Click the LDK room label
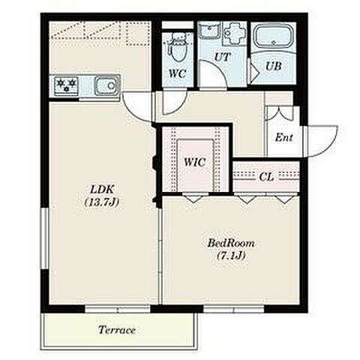coord(102,189)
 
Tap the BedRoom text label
coord(231,243)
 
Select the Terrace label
coord(117,330)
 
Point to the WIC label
coord(195,163)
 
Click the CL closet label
coord(266,177)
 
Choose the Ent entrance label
coord(283,137)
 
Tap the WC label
coord(178,73)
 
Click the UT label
coord(222,57)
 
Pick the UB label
coord(274,66)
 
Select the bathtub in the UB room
coord(274,37)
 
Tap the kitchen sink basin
coord(106,85)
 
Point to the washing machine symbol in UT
coord(234,34)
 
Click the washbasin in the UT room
coord(209,30)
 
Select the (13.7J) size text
coord(101,202)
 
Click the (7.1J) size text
coord(230,256)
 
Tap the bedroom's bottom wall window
coord(234,310)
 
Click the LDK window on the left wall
coord(44,238)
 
